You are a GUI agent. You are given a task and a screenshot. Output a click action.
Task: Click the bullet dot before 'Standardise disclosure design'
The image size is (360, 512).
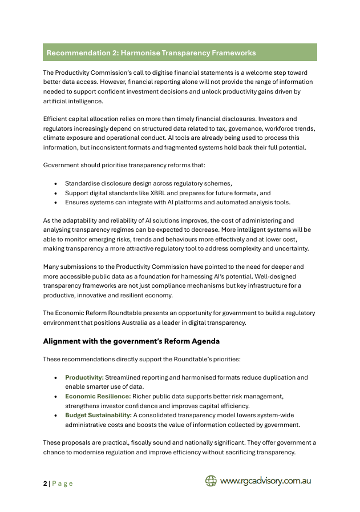pos(55,184)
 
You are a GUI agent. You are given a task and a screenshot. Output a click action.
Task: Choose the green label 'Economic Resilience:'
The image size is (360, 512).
pos(98,396)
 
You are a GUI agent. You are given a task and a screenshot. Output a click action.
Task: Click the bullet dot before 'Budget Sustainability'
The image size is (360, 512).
pos(55,414)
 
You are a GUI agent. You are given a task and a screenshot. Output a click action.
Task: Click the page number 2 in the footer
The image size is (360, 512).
pos(45,483)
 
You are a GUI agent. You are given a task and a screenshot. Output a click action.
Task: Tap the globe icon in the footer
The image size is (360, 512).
pos(211,481)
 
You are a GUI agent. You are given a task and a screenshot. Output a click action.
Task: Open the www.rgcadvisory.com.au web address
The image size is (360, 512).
pos(265,481)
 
